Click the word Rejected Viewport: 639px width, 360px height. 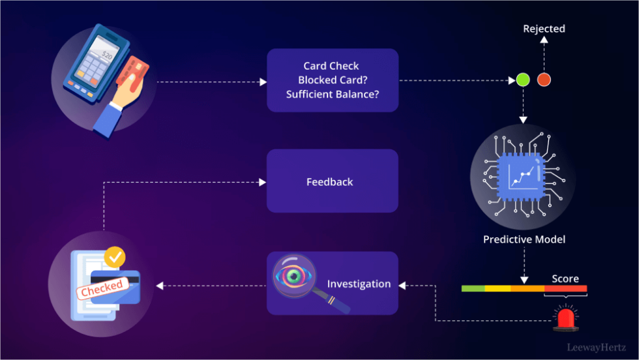click(544, 29)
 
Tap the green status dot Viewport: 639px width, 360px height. click(522, 80)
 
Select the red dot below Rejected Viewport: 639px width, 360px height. click(544, 80)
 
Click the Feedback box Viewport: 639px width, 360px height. click(332, 181)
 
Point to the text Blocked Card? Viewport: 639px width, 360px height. click(333, 80)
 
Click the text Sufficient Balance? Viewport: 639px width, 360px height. click(333, 94)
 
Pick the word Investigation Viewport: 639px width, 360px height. click(359, 284)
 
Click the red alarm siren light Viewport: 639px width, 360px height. click(566, 319)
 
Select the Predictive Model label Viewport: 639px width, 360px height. click(524, 239)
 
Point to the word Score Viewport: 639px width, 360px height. click(565, 278)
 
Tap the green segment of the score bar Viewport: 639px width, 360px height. click(473, 288)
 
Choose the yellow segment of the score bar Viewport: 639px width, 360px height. click(498, 288)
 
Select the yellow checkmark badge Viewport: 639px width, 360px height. click(115, 256)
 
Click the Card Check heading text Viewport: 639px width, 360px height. click(331, 66)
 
